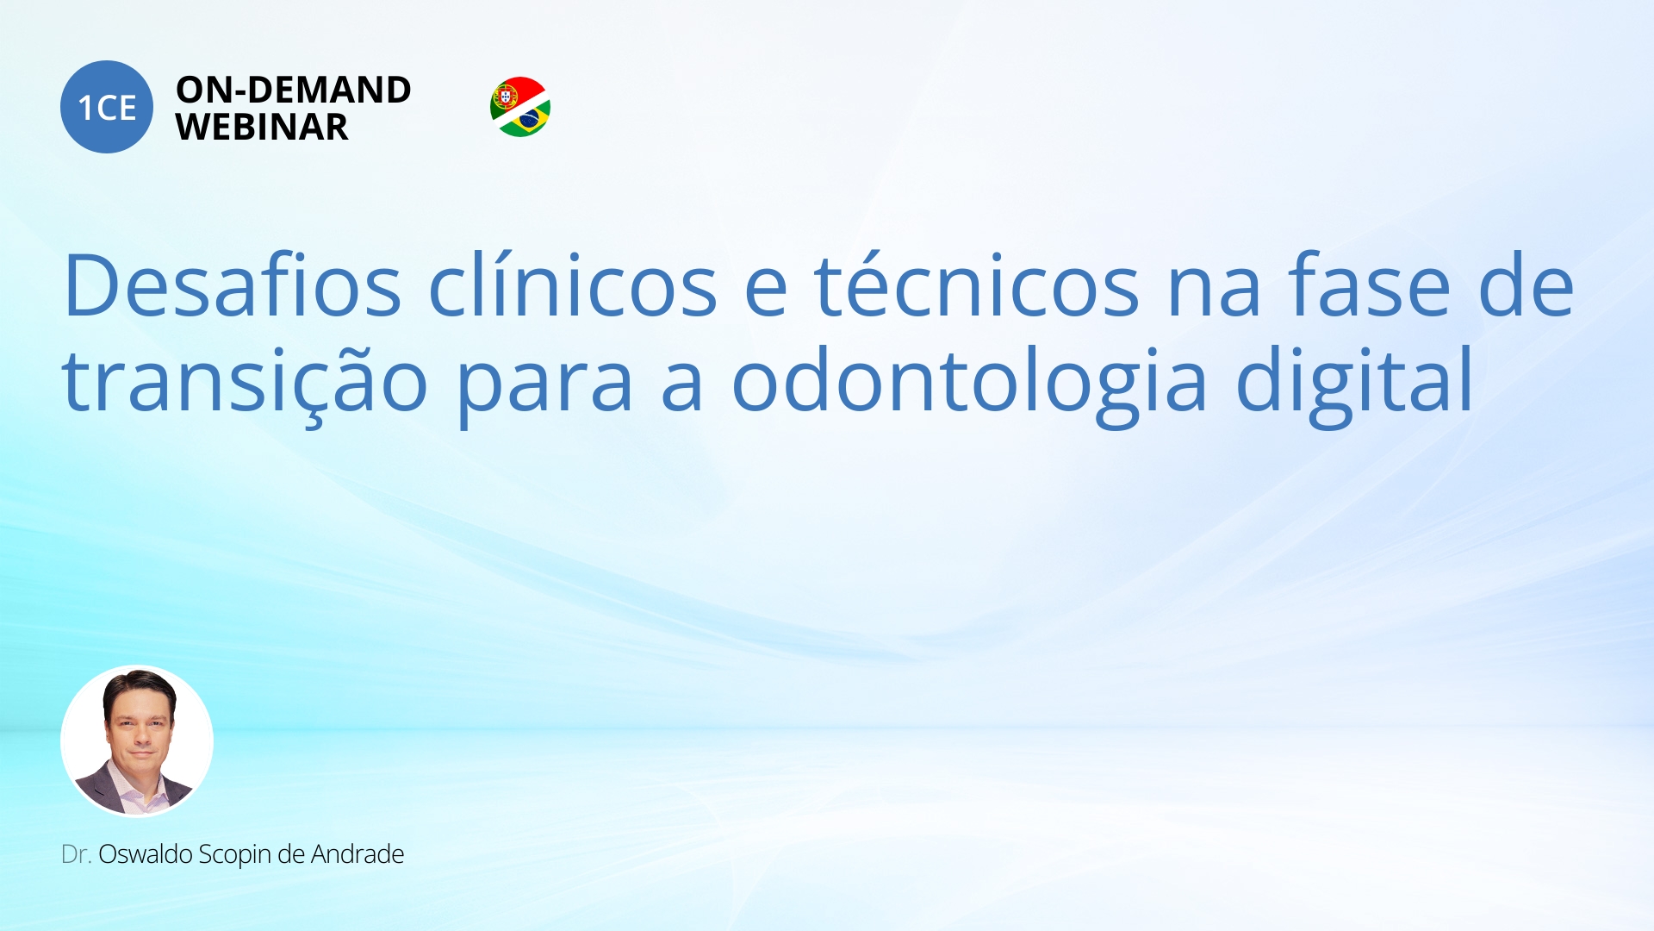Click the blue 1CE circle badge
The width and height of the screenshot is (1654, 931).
107,107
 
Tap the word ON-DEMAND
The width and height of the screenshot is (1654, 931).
294,90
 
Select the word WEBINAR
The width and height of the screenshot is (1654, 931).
262,128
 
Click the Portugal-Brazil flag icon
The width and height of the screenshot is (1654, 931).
520,107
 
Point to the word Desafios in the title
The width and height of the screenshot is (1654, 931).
233,285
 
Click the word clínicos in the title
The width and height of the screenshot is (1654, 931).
573,285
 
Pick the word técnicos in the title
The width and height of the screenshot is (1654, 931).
978,285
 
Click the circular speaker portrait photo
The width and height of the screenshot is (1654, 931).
137,740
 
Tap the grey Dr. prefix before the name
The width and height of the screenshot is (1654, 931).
76,854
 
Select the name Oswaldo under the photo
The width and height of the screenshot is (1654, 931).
146,854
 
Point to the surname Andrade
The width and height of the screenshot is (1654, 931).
358,854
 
